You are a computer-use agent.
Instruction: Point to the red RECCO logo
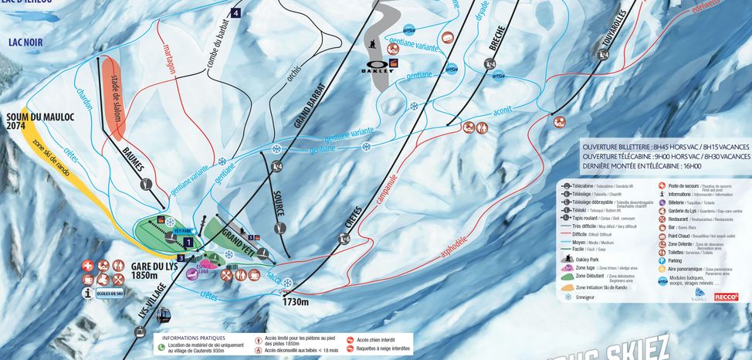(x=726, y=297)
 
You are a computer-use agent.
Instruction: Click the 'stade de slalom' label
(x=120, y=86)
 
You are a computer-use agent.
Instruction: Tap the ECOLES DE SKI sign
(x=110, y=294)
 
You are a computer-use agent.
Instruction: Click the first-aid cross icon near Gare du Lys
(x=89, y=265)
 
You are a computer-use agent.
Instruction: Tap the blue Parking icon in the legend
(x=662, y=260)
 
